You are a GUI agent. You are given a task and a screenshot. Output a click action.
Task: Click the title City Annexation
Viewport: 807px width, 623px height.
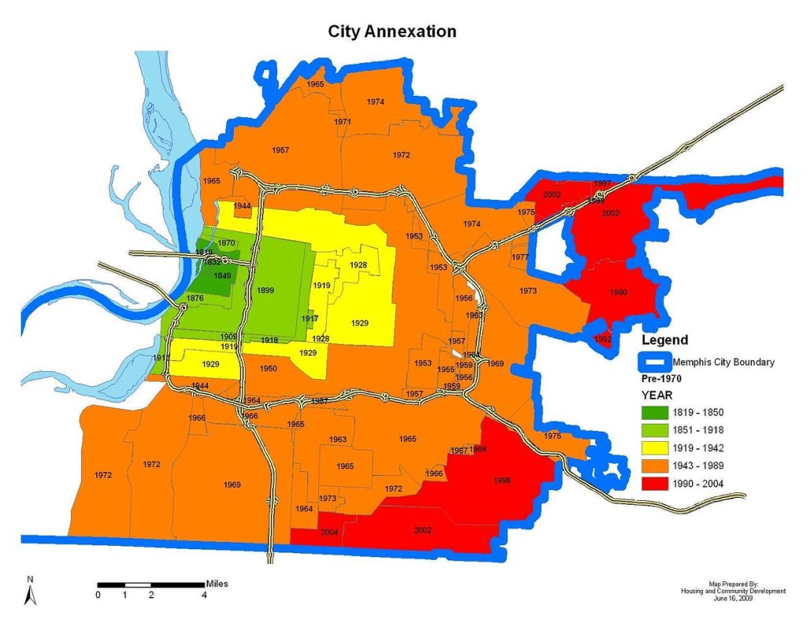point(392,32)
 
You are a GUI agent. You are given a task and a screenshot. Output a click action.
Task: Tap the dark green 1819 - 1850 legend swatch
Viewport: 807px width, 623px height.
point(656,413)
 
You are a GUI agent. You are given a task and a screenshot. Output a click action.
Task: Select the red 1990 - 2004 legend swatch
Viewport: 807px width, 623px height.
point(656,482)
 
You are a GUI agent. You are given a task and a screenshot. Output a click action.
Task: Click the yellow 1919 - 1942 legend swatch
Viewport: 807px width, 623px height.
point(656,447)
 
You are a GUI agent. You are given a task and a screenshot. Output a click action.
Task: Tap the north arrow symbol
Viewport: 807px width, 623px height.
point(30,592)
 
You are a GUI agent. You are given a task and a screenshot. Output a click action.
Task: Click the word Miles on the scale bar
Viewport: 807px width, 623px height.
point(217,584)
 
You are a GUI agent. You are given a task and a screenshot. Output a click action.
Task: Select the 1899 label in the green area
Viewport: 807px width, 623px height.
point(265,291)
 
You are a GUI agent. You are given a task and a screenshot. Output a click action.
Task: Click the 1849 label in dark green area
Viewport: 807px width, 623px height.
point(221,275)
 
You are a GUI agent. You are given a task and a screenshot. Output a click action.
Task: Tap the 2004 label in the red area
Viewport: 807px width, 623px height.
point(330,533)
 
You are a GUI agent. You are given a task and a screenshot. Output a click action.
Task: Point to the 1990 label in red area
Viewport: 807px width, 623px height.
point(619,292)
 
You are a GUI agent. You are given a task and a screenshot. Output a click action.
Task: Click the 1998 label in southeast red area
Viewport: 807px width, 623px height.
point(503,480)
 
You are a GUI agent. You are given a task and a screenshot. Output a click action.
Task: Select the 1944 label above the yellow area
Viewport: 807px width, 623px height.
point(243,206)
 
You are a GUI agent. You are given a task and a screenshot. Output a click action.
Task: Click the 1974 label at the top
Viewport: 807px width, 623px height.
point(376,102)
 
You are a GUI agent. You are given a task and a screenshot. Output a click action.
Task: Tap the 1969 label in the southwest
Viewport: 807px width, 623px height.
point(232,484)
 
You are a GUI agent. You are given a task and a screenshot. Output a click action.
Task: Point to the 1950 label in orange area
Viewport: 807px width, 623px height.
point(268,369)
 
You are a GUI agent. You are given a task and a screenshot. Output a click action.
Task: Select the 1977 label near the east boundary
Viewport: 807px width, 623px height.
point(520,258)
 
